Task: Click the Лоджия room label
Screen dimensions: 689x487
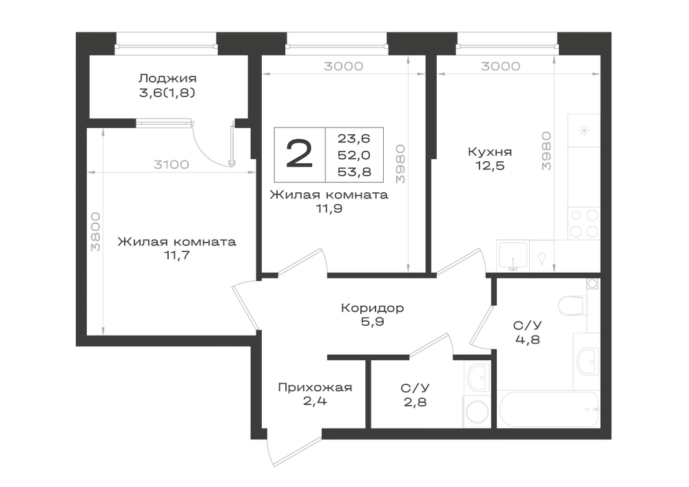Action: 167,79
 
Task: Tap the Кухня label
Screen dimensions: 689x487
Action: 489,152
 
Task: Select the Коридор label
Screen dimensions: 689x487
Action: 372,308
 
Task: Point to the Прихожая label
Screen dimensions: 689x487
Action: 315,387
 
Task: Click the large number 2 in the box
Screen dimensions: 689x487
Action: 299,154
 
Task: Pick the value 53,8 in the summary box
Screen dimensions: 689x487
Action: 354,172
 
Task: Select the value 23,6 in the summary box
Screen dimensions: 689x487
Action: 354,138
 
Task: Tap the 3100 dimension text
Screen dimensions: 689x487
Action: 171,165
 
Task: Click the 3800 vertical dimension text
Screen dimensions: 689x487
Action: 96,232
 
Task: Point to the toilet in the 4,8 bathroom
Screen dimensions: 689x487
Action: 574,305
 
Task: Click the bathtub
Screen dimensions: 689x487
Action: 548,409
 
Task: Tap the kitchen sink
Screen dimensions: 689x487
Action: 513,256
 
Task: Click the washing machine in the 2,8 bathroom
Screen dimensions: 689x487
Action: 477,412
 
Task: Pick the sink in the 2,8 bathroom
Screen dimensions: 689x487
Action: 478,378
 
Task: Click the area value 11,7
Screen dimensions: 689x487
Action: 176,255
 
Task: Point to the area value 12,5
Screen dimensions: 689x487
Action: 489,166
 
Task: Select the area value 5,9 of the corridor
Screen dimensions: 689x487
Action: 372,322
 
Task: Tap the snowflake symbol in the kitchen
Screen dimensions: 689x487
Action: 584,130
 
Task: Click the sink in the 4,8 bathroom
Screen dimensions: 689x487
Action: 586,361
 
